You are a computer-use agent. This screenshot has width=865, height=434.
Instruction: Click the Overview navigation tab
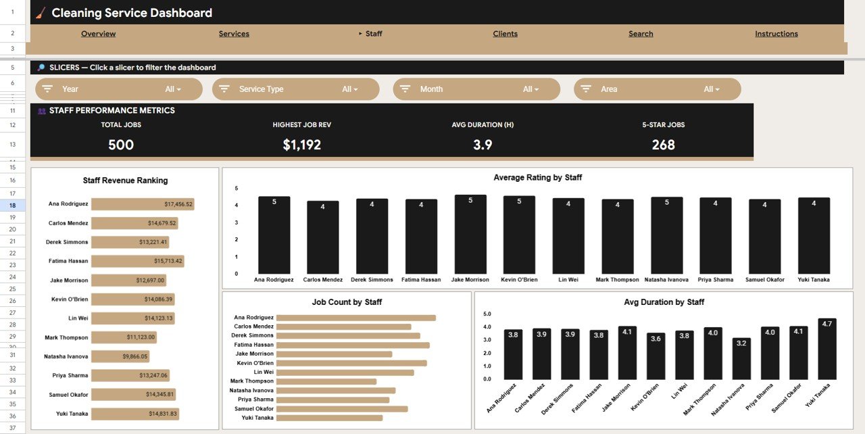pos(98,34)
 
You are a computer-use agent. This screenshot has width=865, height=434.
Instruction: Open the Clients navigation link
pos(505,34)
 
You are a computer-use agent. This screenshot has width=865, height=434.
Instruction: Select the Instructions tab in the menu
pos(776,34)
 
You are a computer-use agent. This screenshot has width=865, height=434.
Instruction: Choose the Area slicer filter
pos(657,89)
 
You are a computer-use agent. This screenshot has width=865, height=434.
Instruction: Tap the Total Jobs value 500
pos(121,145)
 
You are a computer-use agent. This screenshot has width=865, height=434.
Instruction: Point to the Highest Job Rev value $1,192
pos(301,145)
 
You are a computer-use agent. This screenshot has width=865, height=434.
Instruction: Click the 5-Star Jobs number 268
pos(663,145)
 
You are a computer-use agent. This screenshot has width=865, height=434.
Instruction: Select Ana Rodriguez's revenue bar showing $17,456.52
pos(143,204)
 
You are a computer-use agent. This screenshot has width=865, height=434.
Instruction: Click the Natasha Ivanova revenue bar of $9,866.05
pos(120,356)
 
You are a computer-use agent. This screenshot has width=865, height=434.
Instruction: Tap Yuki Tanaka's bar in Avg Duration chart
pos(826,349)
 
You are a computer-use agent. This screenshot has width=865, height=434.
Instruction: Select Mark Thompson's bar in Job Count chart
pos(326,381)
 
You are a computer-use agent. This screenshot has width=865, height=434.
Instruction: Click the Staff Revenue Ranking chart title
pos(125,180)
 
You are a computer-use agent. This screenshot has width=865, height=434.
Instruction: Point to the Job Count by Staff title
pos(347,302)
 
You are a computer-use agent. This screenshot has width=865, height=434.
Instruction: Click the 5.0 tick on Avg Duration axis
pos(488,314)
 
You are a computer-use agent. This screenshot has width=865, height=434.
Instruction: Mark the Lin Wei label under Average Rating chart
pos(568,280)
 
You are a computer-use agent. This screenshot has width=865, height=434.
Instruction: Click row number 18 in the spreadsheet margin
pos(12,205)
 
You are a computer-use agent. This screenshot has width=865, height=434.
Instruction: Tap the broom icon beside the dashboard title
pos(41,13)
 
